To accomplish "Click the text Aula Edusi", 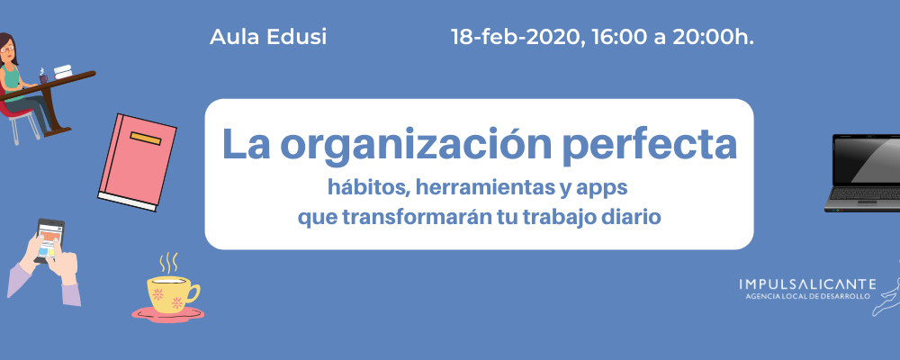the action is (268, 37).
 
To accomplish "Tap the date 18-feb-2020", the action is (516, 38).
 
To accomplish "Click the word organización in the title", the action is (416, 145).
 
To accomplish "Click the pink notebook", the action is (138, 162).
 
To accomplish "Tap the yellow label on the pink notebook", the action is (146, 139).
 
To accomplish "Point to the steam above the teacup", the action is (167, 263).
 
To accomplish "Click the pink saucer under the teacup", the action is (167, 313).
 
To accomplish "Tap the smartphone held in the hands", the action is (49, 241).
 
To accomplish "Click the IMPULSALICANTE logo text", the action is (807, 283).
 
